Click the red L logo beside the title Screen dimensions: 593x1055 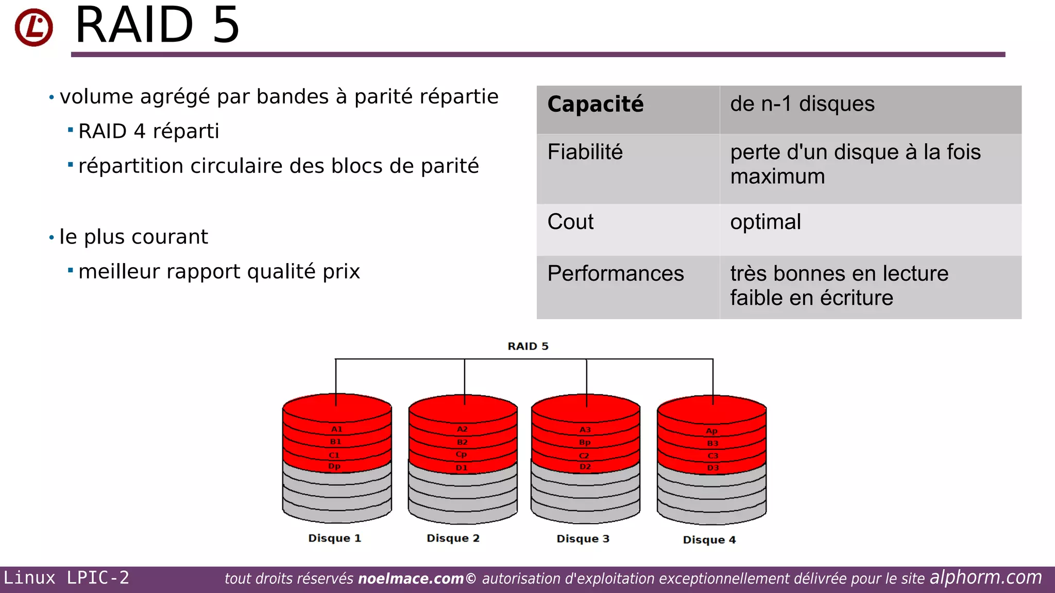point(33,27)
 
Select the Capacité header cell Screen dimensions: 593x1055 point(595,104)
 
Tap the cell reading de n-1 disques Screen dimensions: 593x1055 point(802,104)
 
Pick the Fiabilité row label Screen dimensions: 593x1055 point(585,152)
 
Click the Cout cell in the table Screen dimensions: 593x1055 point(570,222)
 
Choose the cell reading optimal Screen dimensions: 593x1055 point(765,222)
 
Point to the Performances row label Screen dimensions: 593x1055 point(615,273)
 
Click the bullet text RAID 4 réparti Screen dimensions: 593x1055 point(148,131)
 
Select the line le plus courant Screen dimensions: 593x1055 point(133,237)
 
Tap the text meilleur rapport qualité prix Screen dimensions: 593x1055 point(219,272)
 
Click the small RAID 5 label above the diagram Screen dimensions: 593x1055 point(527,346)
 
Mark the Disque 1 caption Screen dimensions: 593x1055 point(334,538)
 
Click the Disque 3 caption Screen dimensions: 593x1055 point(583,538)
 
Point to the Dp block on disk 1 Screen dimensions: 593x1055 point(334,466)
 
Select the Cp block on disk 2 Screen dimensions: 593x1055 point(461,455)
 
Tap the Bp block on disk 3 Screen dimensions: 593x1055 point(585,442)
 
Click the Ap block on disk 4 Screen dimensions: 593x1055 point(711,431)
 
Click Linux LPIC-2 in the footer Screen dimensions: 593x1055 point(66,578)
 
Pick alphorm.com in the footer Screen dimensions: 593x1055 point(985,578)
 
